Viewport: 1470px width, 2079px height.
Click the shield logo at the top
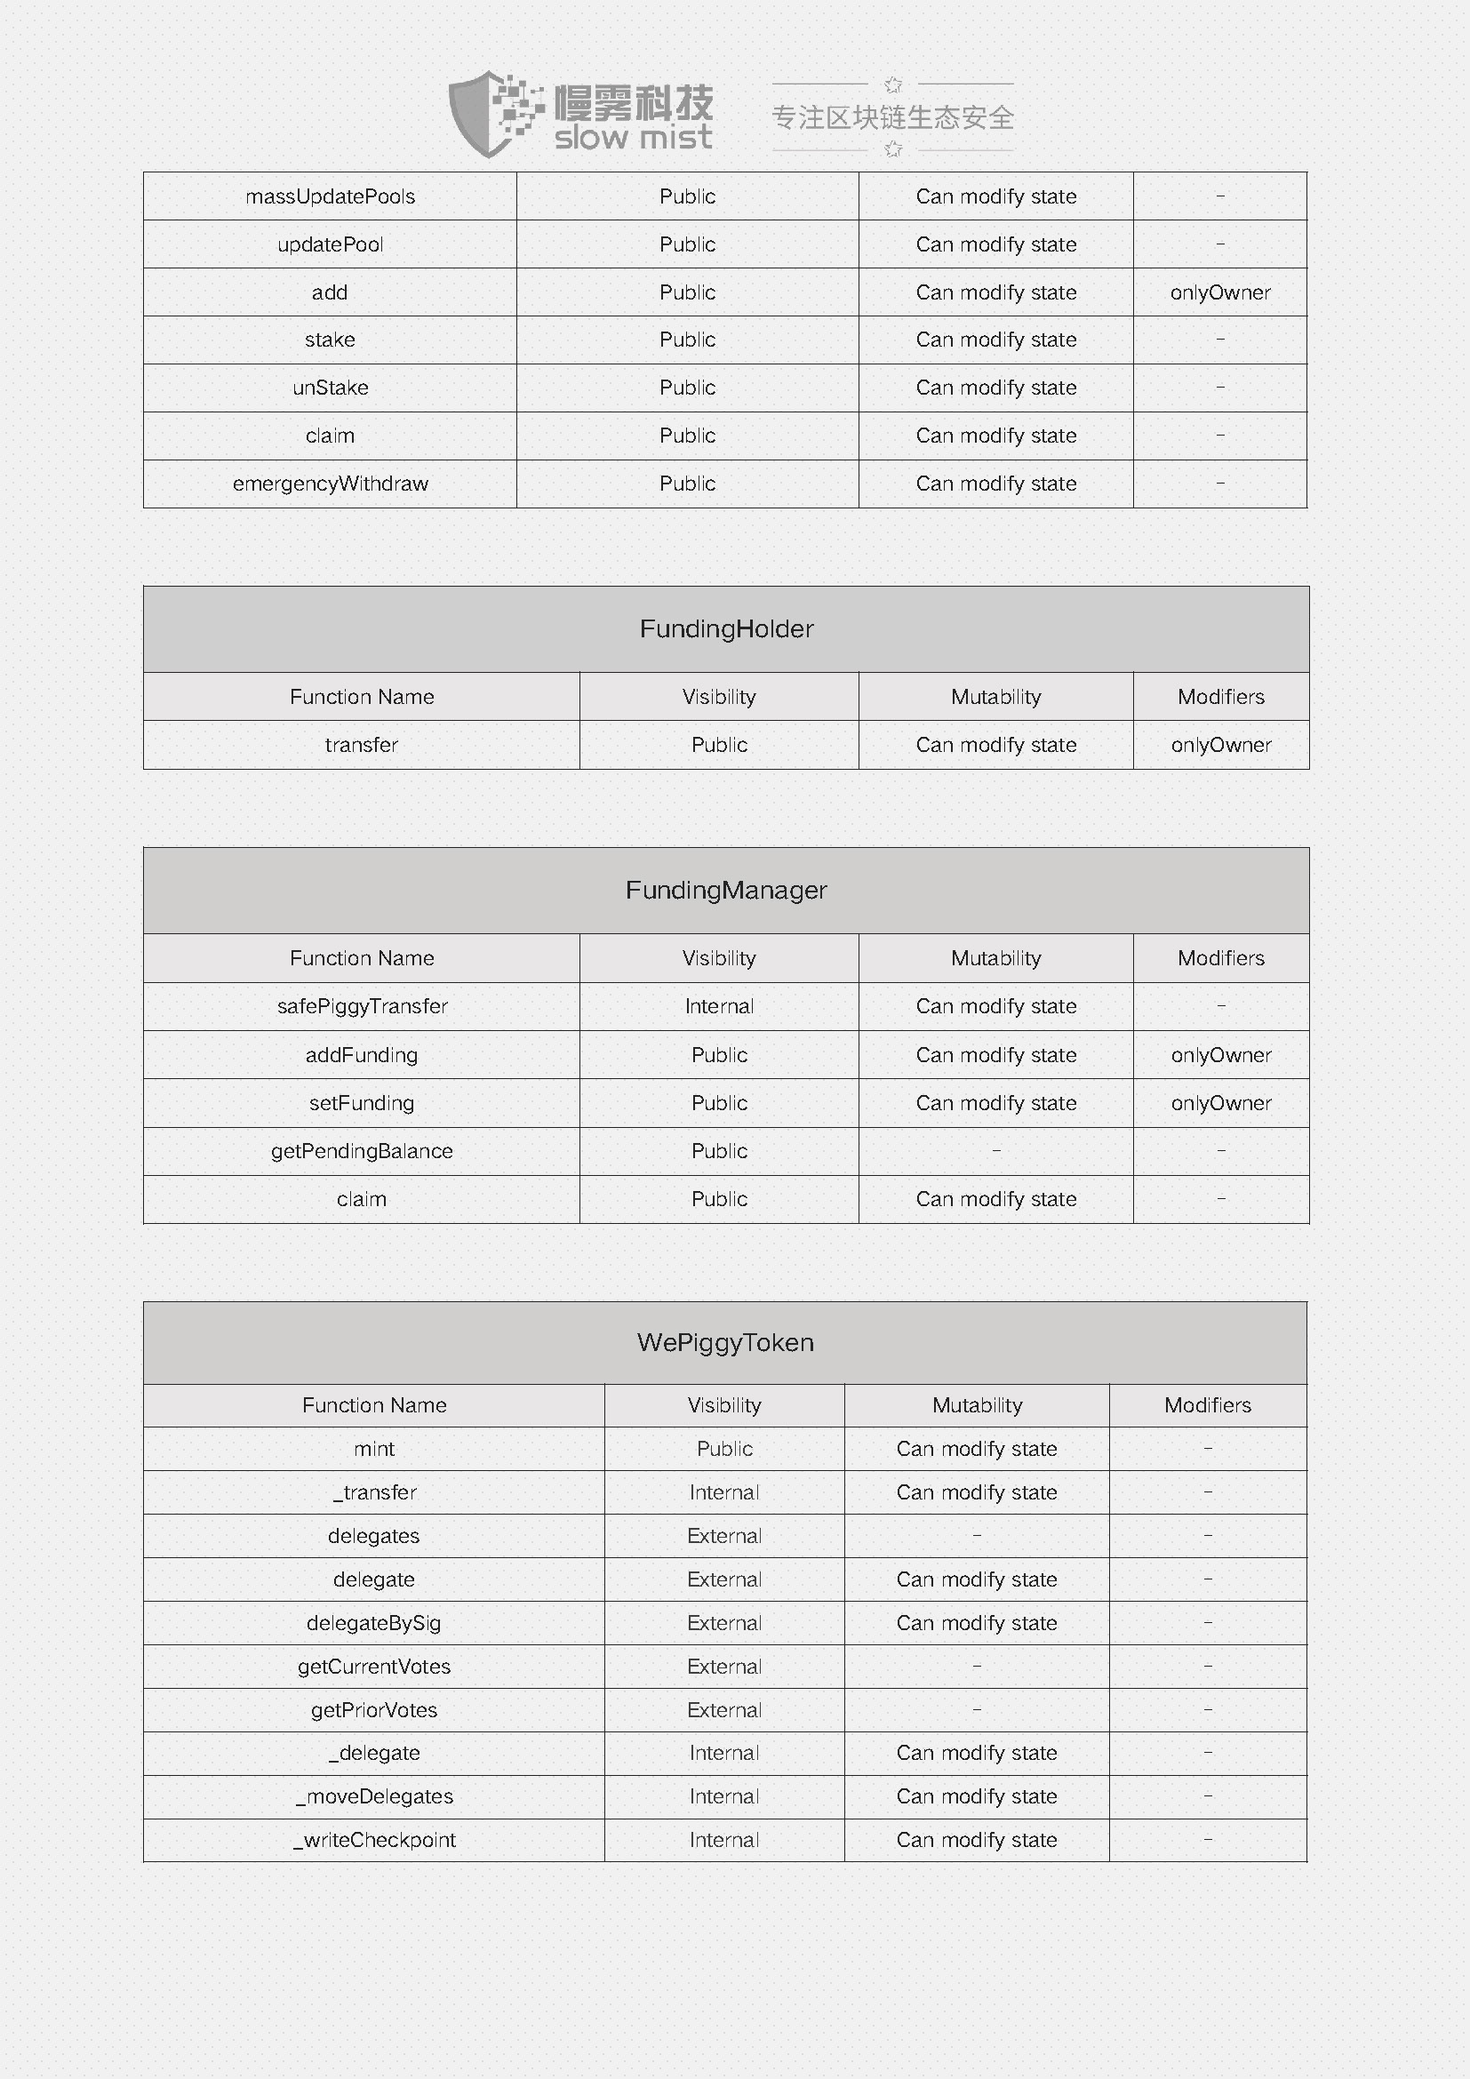coord(489,114)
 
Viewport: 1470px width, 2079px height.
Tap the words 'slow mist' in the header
coord(633,138)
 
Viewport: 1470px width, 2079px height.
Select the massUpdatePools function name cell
coord(331,196)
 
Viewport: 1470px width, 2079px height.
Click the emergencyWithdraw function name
coord(331,484)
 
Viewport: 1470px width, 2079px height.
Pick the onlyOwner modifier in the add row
coord(1220,292)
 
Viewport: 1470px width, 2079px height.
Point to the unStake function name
coord(331,388)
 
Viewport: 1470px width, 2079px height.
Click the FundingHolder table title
coord(726,628)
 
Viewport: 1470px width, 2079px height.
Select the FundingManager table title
coord(726,890)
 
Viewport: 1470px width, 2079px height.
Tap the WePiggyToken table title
coord(725,1342)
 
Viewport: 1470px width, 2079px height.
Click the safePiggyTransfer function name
coord(362,1006)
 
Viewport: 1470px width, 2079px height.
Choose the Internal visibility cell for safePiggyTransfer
coord(719,1006)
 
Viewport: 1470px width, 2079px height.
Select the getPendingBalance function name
coord(362,1151)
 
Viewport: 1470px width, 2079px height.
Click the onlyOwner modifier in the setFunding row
coord(1221,1103)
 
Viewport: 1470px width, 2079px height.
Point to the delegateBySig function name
coord(374,1623)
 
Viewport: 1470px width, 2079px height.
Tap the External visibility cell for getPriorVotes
coord(724,1709)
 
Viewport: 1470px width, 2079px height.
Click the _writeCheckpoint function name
coord(374,1840)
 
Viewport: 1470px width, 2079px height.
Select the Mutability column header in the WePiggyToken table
coord(977,1405)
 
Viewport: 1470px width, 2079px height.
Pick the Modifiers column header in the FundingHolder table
coord(1221,696)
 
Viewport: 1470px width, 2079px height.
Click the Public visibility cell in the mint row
coord(724,1449)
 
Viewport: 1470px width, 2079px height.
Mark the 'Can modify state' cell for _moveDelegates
coord(977,1796)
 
